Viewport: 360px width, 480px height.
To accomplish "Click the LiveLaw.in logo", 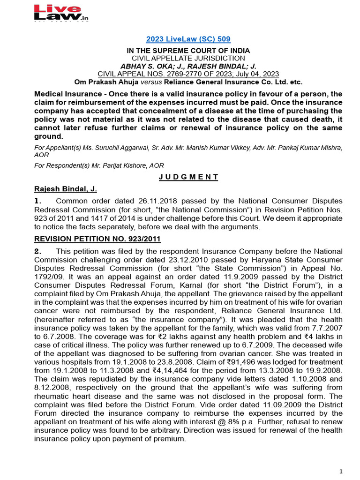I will [x=61, y=13].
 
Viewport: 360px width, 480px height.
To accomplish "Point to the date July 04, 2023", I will [x=262, y=74].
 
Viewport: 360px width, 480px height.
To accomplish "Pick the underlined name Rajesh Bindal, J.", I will [x=66, y=189].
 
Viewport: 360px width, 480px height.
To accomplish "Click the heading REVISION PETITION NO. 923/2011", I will [x=97, y=239].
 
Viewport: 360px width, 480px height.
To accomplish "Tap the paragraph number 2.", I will [x=38, y=251].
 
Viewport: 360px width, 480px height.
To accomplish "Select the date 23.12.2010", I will [x=165, y=260].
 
